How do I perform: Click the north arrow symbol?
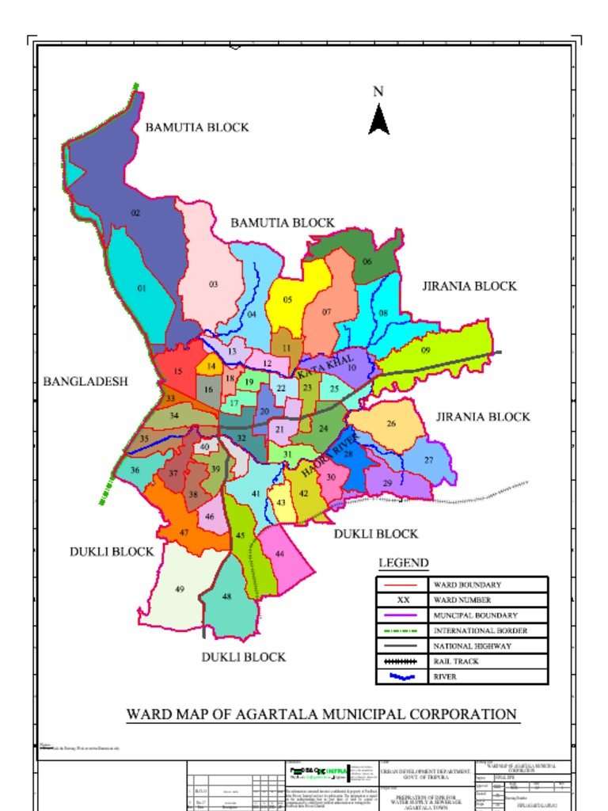pos(379,120)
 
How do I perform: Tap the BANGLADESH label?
pos(85,382)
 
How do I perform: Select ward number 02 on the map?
pos(135,213)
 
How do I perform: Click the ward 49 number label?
pos(180,589)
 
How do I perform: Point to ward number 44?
pos(279,554)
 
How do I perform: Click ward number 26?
pos(391,424)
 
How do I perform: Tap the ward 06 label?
pos(367,261)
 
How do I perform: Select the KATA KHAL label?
pos(325,366)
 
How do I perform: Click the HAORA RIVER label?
pos(331,455)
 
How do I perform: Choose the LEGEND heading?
pos(403,563)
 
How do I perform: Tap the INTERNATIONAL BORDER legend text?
pos(480,630)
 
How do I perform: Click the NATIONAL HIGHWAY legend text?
pos(472,646)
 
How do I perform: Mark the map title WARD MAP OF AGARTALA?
pos(321,714)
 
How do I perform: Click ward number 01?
pos(142,289)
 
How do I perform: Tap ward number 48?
pos(227,596)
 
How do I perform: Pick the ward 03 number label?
pos(213,284)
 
